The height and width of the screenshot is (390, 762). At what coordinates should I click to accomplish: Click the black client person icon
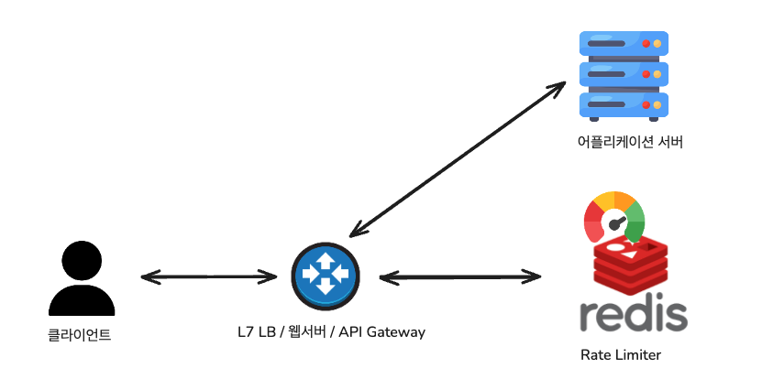point(80,278)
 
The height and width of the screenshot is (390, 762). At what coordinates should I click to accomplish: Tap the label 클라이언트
point(80,335)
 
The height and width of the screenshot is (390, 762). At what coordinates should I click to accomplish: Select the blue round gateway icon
point(325,273)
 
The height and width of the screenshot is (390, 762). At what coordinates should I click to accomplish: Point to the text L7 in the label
point(244,331)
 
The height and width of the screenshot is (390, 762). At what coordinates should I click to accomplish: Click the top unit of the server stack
point(624,44)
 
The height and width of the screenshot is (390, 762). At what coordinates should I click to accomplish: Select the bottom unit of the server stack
point(624,103)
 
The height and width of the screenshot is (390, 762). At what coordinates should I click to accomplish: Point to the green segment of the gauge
point(635,220)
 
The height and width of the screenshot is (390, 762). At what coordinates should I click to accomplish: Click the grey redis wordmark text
point(634,314)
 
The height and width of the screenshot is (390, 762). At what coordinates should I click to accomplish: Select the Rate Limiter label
point(621,355)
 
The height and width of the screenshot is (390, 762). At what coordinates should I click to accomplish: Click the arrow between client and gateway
point(209,276)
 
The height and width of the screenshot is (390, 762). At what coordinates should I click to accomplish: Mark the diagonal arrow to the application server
point(458,157)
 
